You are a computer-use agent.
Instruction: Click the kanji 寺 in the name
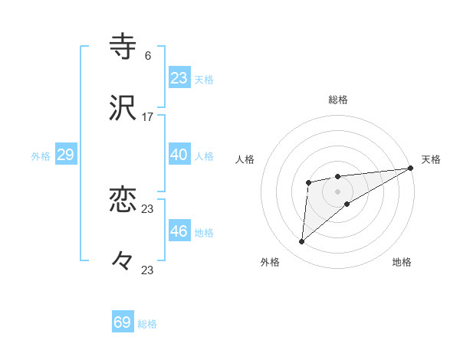coord(123,45)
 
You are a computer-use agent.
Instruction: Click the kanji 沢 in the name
coord(123,108)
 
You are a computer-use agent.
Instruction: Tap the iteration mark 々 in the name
coord(123,262)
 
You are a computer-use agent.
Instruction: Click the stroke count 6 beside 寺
coord(147,56)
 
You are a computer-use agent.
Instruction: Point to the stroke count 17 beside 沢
coord(148,118)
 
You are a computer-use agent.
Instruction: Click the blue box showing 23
coord(179,78)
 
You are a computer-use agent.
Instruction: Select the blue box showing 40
coord(179,155)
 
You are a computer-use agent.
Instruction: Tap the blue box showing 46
coord(179,231)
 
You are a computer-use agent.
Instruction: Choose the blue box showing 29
coord(65,155)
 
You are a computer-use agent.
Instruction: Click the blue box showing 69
coord(123,322)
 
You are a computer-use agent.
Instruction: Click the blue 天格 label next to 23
coord(204,80)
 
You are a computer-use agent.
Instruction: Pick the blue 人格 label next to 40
coord(204,156)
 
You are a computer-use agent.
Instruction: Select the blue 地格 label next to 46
coord(204,233)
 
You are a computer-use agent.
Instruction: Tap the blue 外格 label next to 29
coord(41,156)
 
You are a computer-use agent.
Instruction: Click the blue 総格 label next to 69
coord(147,324)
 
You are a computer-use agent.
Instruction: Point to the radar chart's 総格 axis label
coord(338,100)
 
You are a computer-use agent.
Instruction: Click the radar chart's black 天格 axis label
coord(431,159)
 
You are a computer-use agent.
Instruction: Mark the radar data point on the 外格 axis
coord(302,242)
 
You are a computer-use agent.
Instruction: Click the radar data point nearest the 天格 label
coord(411,168)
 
